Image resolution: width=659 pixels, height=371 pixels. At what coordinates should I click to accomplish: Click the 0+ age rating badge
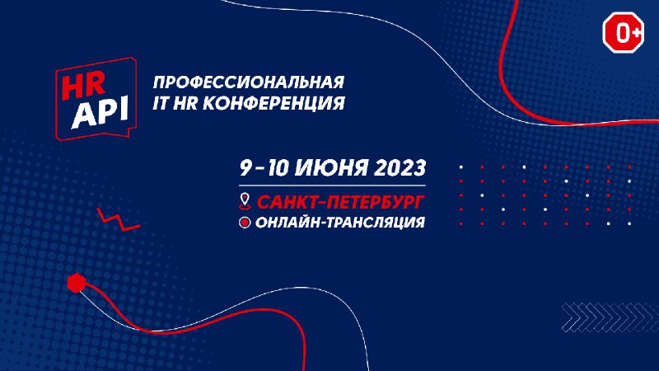tap(624, 32)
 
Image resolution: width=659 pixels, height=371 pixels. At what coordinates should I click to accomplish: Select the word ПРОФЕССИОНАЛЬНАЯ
tap(249, 82)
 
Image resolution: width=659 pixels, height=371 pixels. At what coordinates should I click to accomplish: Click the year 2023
tap(400, 168)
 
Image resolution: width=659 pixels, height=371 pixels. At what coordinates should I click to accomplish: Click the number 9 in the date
tap(245, 168)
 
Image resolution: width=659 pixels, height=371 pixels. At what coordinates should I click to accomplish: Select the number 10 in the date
tap(278, 168)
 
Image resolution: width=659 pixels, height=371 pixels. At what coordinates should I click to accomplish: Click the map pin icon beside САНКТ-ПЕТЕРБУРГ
tap(245, 201)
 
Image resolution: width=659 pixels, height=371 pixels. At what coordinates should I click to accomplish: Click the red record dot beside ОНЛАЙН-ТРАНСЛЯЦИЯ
tap(245, 222)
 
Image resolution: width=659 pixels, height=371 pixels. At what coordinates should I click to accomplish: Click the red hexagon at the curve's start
tap(77, 283)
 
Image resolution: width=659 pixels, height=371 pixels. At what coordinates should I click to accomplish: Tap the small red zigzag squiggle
tap(118, 219)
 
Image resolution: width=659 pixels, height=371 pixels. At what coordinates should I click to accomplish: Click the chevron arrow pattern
tap(610, 317)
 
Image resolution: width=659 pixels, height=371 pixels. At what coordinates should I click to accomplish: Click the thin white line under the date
tap(333, 185)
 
